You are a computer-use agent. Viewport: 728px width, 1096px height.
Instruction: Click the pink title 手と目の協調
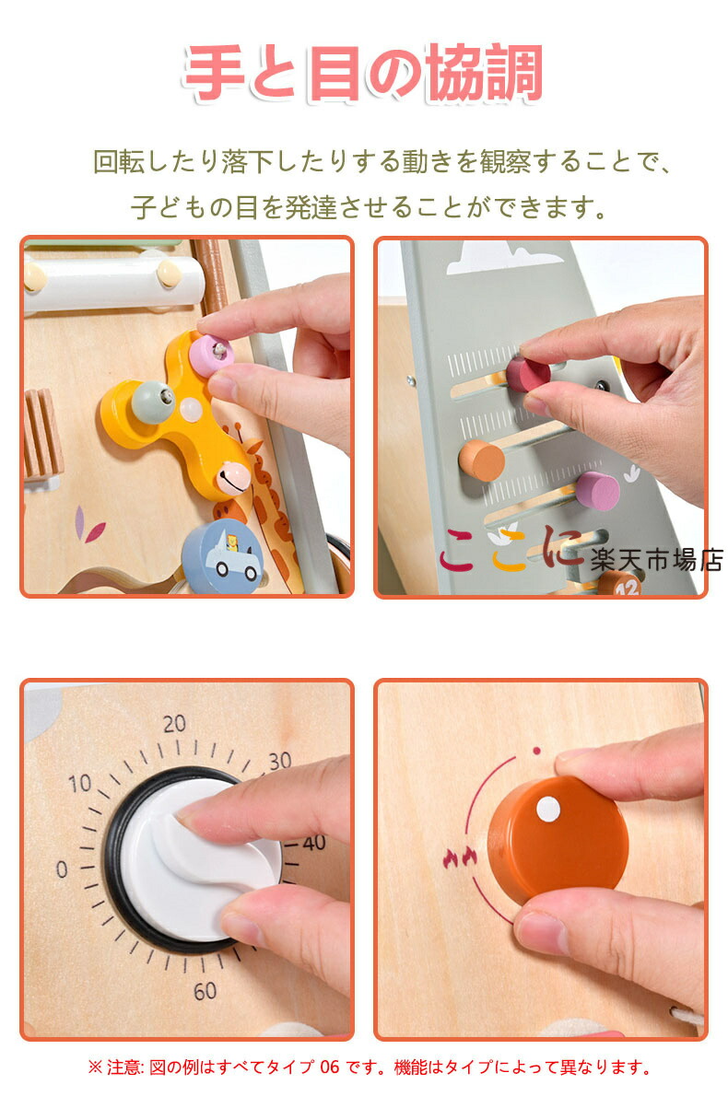[364, 73]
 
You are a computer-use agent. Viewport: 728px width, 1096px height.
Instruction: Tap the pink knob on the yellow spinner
[212, 352]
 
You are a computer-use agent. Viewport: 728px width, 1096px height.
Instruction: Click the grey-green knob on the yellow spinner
[153, 401]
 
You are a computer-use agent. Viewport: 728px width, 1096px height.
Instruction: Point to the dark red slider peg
[528, 374]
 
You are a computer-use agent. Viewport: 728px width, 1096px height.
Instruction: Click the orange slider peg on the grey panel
[481, 460]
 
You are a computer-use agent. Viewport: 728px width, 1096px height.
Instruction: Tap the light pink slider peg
[597, 490]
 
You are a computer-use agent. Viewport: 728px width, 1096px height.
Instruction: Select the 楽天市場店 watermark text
[656, 560]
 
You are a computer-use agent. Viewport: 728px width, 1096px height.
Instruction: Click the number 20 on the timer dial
[175, 723]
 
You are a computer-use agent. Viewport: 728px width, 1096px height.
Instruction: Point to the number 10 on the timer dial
[80, 783]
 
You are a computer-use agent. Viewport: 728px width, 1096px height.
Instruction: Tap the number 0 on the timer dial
[62, 869]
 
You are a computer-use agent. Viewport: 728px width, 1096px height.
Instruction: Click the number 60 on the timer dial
[205, 990]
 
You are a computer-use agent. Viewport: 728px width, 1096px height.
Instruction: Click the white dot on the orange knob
[548, 810]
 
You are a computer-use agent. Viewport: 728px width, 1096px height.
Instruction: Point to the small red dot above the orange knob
[536, 752]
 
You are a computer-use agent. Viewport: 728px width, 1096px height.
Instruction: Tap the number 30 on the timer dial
[280, 760]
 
